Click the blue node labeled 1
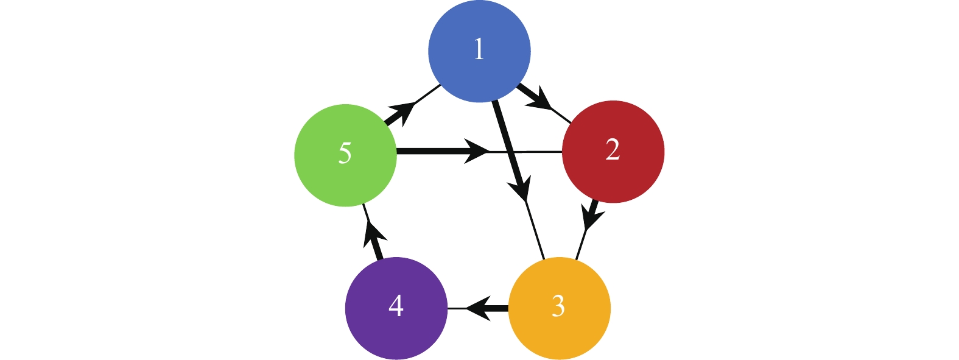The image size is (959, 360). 479,51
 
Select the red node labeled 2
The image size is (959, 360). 613,152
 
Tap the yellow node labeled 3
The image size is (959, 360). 559,308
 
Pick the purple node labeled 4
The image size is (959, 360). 396,308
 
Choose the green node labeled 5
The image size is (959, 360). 345,155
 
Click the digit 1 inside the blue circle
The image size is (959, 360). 479,49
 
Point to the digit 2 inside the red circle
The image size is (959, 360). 613,150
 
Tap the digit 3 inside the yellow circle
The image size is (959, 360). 558,306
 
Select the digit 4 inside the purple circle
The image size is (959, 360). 396,305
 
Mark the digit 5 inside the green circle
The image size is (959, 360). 345,153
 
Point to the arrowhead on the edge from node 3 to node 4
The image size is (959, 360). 479,308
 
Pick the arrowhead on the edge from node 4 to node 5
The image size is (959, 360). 373,233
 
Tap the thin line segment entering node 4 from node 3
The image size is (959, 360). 456,308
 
